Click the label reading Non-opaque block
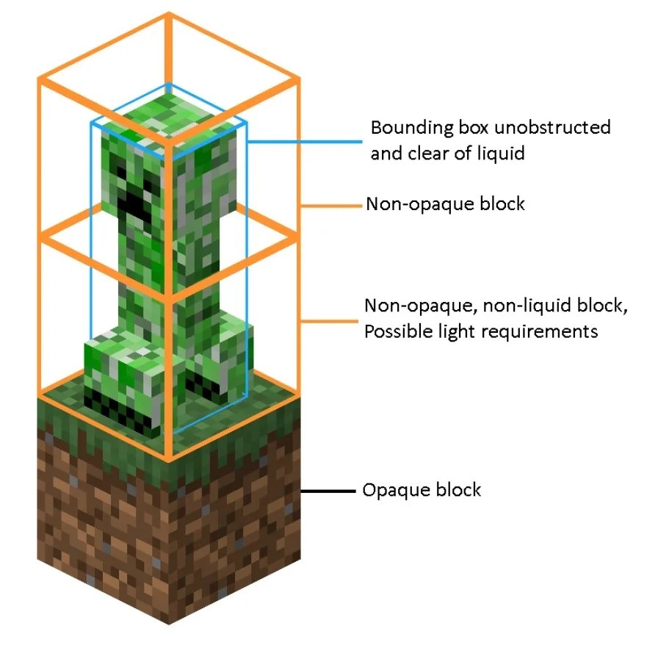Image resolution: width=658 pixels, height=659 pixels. (445, 204)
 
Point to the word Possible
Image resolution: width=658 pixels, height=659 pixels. (397, 331)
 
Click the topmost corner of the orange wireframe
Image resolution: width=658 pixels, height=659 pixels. (169, 15)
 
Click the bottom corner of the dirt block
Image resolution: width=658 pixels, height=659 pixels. (169, 623)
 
